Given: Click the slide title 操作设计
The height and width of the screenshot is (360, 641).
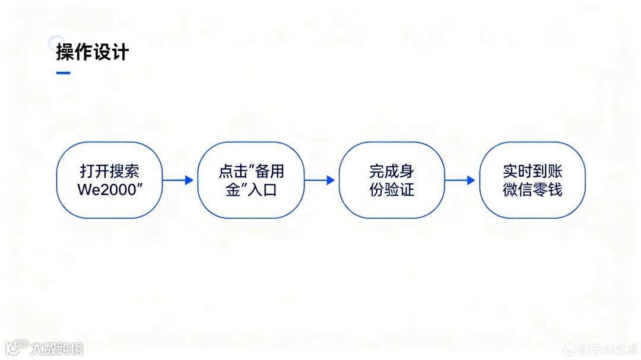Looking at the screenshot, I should click(92, 52).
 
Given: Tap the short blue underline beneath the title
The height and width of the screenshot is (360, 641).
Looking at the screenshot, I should click(63, 73).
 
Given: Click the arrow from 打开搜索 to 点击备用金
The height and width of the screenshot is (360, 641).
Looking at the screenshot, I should click(178, 180).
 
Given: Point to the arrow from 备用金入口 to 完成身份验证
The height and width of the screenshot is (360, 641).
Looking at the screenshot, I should click(319, 180).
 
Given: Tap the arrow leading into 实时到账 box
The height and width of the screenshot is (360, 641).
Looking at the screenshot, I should click(460, 180).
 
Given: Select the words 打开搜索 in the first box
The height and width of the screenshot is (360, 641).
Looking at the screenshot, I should click(109, 171).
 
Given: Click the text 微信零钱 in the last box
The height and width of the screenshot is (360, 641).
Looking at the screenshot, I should click(532, 190).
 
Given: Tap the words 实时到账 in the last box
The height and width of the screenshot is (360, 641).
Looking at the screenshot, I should click(532, 171).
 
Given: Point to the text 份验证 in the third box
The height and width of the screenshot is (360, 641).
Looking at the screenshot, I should click(391, 190).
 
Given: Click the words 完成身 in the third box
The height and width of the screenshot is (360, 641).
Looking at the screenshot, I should click(391, 171).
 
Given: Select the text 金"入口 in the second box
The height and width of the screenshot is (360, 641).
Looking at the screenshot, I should click(250, 190).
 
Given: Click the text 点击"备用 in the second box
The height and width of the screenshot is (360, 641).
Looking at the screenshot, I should click(250, 171).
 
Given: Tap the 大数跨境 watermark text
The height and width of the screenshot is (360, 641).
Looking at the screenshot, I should click(57, 348).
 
